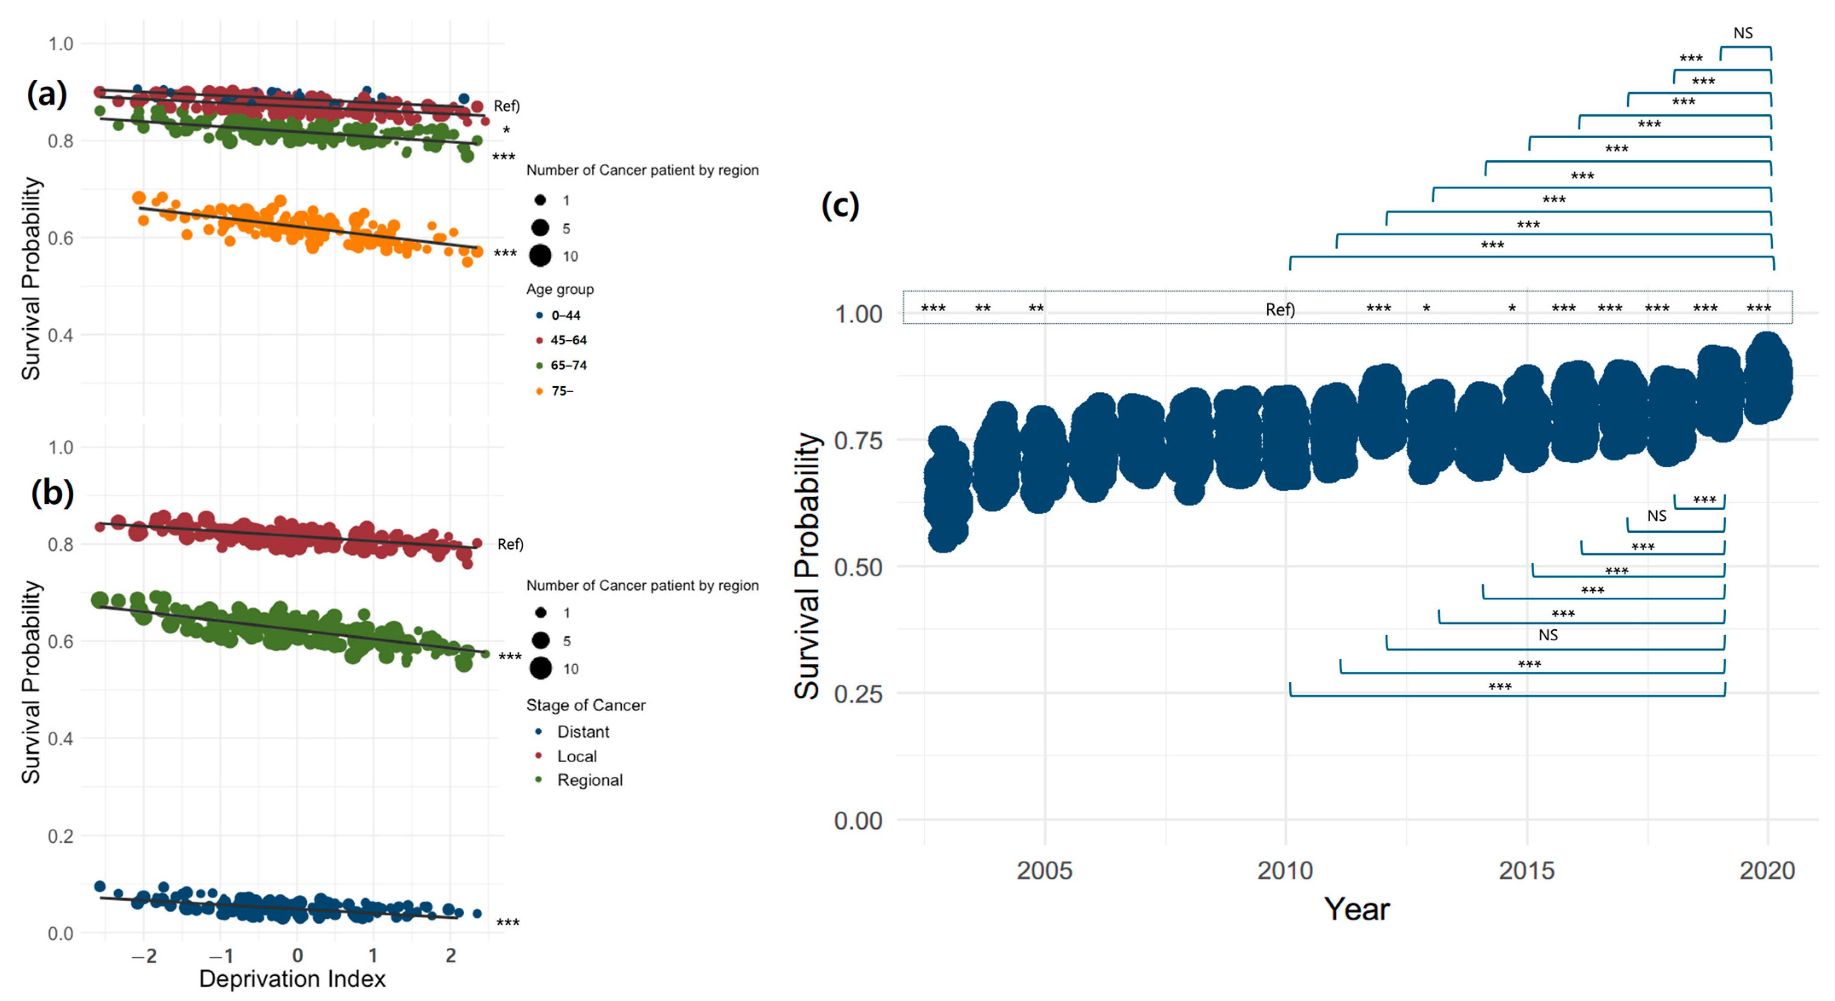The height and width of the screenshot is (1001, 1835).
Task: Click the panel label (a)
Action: [x=47, y=93]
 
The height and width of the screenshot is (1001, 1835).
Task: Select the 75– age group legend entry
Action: [x=561, y=391]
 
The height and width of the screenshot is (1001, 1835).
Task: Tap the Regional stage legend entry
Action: [x=589, y=780]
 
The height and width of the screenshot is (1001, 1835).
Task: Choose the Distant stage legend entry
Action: [x=583, y=732]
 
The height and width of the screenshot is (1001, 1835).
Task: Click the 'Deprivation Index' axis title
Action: [x=292, y=979]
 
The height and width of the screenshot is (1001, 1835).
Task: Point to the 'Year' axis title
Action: [x=1356, y=909]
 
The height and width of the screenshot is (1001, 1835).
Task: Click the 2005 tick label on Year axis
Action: [x=1044, y=870]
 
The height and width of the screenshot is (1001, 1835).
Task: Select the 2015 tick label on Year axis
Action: [x=1527, y=870]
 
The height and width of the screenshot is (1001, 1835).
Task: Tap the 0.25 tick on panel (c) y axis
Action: [x=858, y=694]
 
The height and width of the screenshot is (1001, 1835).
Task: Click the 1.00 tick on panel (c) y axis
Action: [x=858, y=314]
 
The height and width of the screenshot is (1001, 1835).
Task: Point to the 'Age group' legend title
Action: [x=560, y=289]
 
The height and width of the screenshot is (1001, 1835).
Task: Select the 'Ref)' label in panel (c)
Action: [x=1280, y=310]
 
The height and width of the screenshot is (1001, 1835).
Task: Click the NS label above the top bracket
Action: [x=1742, y=33]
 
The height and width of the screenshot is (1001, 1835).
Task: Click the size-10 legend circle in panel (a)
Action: [x=541, y=256]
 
